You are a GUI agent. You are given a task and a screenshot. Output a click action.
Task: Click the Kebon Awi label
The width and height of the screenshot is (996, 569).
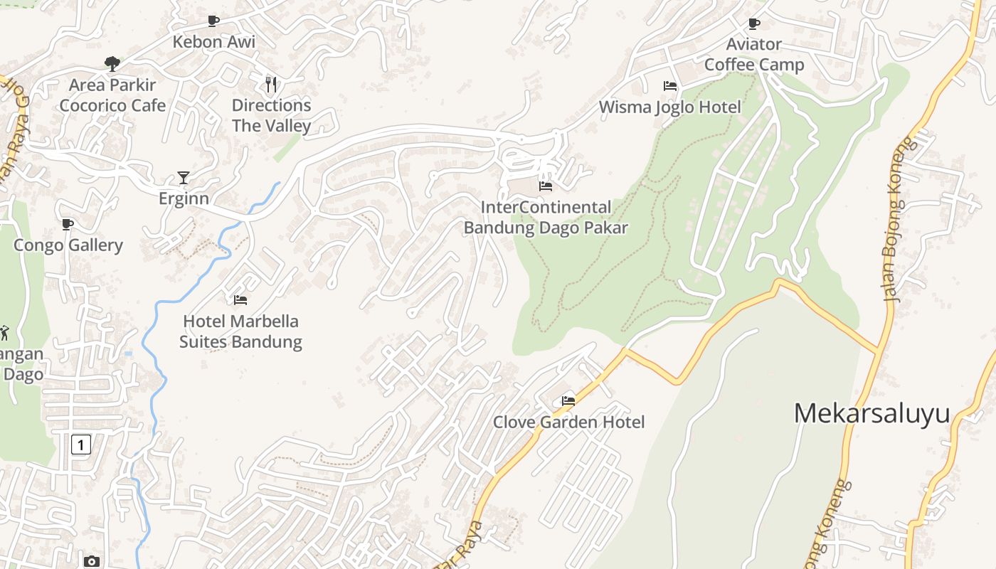(x=213, y=42)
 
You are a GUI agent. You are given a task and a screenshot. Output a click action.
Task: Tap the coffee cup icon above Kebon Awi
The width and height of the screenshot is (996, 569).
(x=213, y=21)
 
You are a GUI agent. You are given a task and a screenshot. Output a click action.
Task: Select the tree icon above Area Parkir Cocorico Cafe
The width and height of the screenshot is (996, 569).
(x=112, y=64)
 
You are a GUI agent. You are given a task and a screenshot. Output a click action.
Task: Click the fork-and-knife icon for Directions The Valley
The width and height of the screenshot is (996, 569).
(x=271, y=85)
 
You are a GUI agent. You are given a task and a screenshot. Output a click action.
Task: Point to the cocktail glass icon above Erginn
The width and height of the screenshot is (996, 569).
(x=184, y=178)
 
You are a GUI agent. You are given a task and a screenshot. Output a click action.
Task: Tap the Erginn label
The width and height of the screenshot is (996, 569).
(x=184, y=198)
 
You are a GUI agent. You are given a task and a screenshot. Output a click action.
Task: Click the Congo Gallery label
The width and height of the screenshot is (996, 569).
(x=68, y=245)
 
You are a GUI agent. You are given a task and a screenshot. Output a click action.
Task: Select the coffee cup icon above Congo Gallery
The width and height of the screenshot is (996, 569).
(x=68, y=225)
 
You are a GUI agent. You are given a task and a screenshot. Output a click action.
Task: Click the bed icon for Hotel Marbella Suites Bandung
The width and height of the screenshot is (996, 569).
(x=240, y=300)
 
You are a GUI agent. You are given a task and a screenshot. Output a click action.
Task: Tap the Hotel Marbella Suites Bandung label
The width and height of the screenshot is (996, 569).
(x=240, y=331)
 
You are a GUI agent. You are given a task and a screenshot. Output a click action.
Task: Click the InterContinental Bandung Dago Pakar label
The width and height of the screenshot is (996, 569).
(x=546, y=218)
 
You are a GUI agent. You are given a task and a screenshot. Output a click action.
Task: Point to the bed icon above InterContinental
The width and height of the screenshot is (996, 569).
(x=546, y=186)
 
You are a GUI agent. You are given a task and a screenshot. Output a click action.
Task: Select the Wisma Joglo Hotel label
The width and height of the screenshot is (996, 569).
(x=669, y=107)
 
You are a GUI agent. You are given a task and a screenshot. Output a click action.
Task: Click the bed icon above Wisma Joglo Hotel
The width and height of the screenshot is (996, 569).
(x=669, y=86)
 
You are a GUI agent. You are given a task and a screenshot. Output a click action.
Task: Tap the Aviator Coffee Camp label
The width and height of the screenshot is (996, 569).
(x=754, y=55)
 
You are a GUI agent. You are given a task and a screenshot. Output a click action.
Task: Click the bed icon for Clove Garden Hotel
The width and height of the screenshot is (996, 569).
(x=568, y=401)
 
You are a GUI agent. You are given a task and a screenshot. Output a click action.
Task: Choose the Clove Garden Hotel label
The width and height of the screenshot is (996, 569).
(x=568, y=422)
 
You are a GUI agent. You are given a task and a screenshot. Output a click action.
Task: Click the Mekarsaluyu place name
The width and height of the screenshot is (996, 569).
(x=871, y=413)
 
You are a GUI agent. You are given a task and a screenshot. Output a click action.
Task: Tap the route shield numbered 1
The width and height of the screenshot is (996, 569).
(x=81, y=445)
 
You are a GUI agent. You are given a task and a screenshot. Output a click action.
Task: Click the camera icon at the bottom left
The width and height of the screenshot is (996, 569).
(x=91, y=561)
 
